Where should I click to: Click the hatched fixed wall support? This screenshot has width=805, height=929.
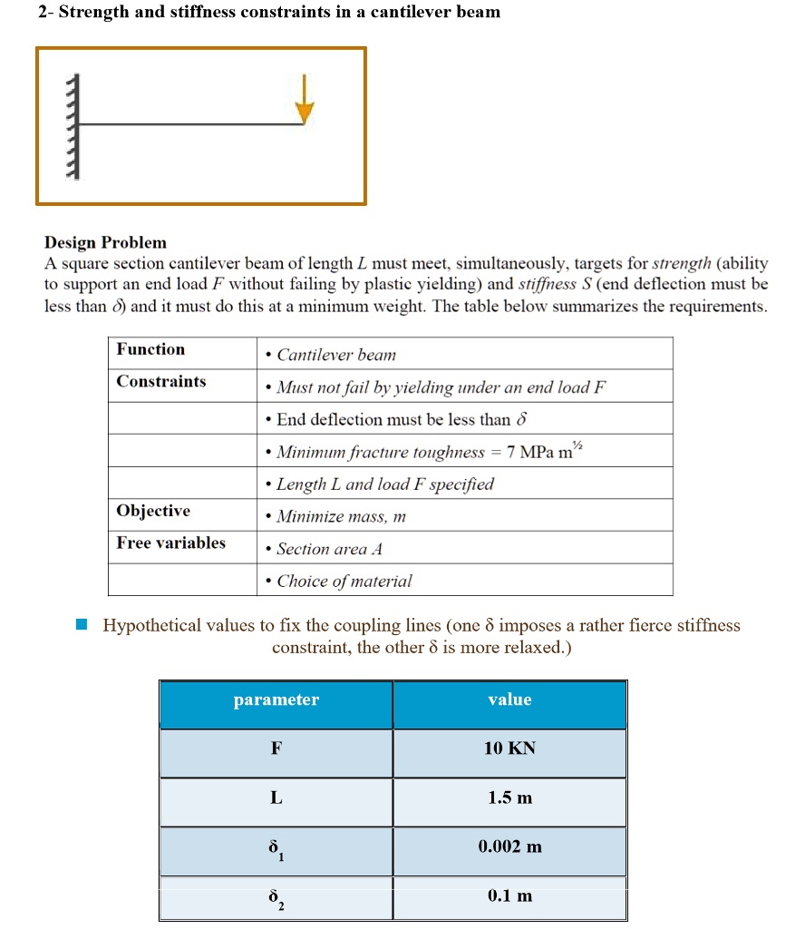[75, 127]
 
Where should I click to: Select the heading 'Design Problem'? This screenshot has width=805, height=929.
[106, 242]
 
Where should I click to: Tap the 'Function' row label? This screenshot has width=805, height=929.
[150, 349]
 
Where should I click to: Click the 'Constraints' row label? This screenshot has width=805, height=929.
[160, 381]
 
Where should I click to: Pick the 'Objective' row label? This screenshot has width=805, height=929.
[153, 511]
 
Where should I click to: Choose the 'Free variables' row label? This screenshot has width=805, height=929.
[170, 543]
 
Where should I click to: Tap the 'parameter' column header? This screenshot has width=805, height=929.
[276, 699]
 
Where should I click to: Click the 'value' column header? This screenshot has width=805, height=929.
[509, 699]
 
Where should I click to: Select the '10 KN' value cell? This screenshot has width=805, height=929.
[509, 748]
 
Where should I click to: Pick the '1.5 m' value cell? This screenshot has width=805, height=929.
[509, 798]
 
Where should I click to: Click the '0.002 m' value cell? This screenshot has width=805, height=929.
[509, 846]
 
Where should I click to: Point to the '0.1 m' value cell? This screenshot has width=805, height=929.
[509, 895]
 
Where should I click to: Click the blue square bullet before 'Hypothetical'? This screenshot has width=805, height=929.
[82, 625]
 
